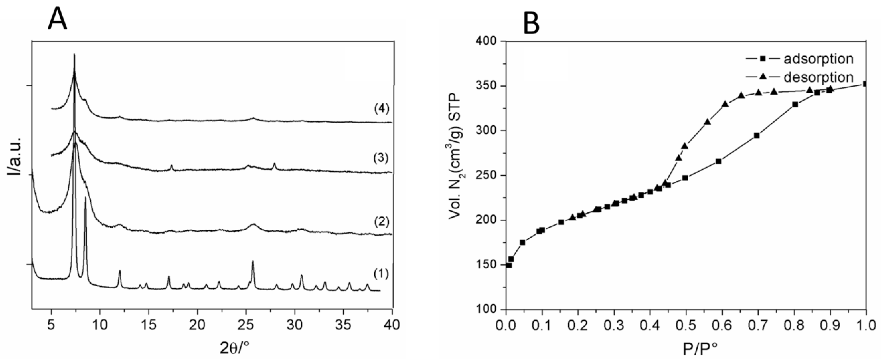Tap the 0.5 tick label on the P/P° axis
pyautogui.click(x=686, y=324)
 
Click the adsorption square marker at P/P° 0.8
pyautogui.click(x=795, y=105)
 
